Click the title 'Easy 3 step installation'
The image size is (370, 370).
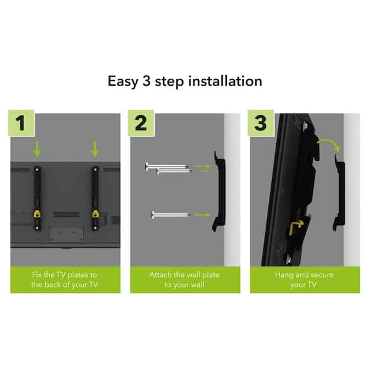coord(185,81)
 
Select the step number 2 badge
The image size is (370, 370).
coord(141,123)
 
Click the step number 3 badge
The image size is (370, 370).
coord(260,123)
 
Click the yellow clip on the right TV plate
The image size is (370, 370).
coord(96,214)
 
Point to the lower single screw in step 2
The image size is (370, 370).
coord(170,215)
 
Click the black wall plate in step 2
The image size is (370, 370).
coord(219,191)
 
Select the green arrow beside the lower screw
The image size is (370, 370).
coord(202,215)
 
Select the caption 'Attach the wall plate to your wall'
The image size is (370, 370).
coord(185,279)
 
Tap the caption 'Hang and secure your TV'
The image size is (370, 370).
coord(305,279)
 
